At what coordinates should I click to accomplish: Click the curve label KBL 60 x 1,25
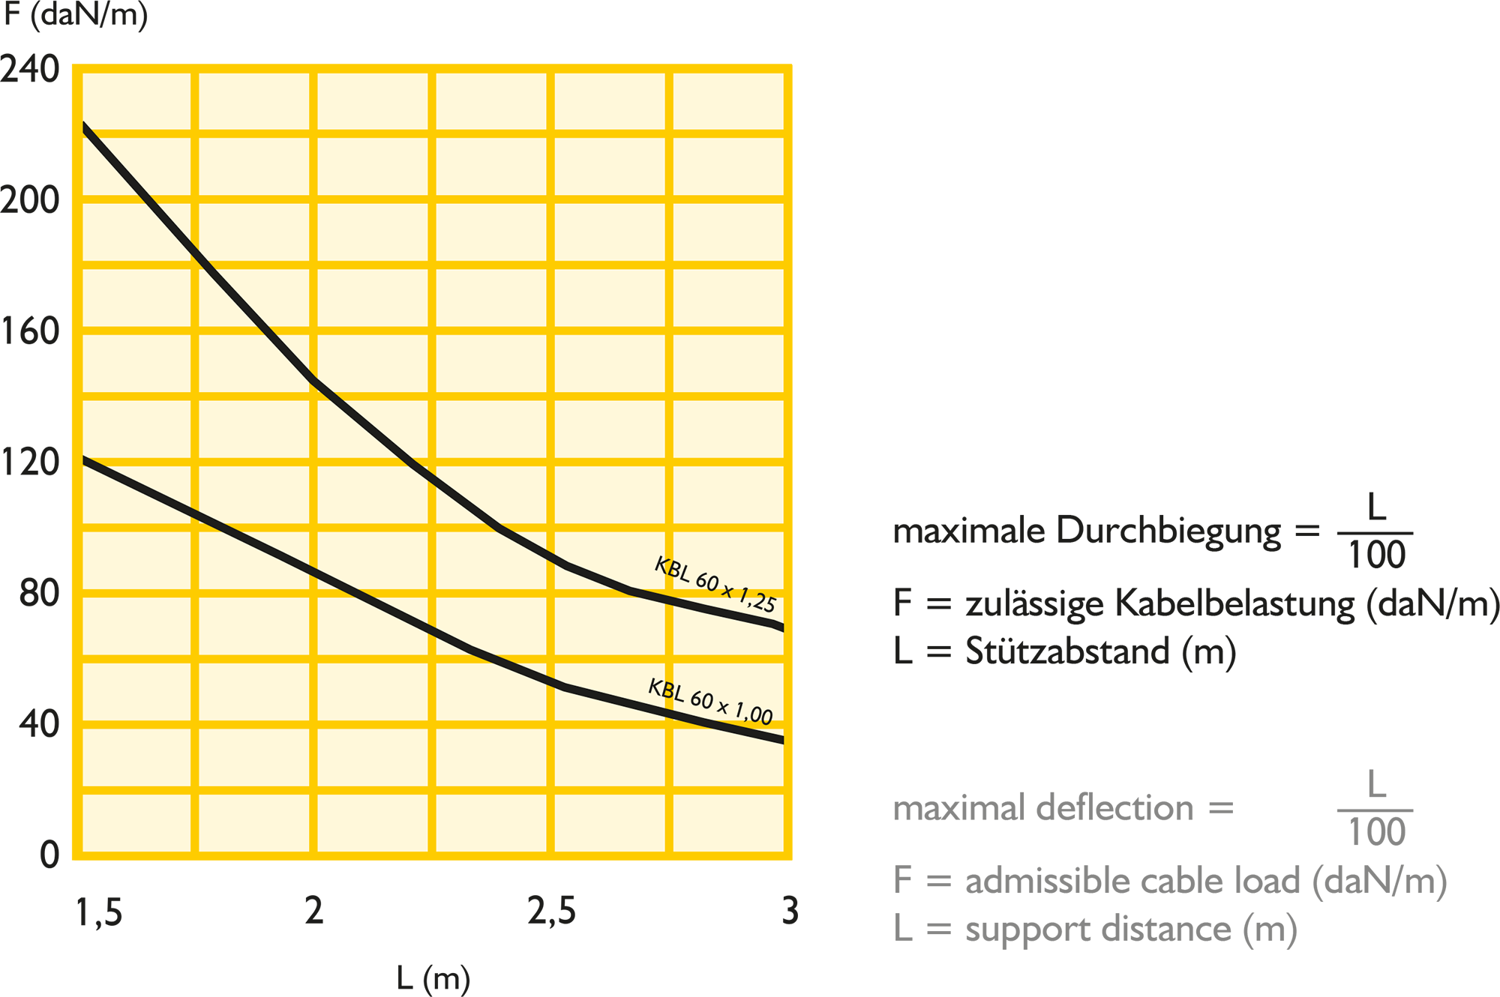click(715, 585)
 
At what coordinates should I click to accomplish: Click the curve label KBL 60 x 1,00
click(710, 702)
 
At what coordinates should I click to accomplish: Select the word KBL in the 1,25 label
click(672, 570)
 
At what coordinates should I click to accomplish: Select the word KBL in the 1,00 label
click(666, 688)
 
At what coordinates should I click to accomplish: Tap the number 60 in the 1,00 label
click(702, 699)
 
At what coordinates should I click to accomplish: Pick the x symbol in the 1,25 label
click(727, 590)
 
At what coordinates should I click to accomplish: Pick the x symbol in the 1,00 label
click(722, 705)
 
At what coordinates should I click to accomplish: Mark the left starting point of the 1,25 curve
click(84, 124)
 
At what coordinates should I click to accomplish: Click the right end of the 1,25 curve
click(782, 628)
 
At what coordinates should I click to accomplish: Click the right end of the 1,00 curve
click(782, 741)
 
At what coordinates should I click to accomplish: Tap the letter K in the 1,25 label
click(661, 564)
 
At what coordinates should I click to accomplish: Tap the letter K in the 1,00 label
click(655, 685)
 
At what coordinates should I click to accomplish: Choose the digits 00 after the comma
click(762, 716)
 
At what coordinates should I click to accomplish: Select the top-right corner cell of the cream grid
click(728, 101)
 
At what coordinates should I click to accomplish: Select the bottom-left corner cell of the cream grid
click(136, 823)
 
